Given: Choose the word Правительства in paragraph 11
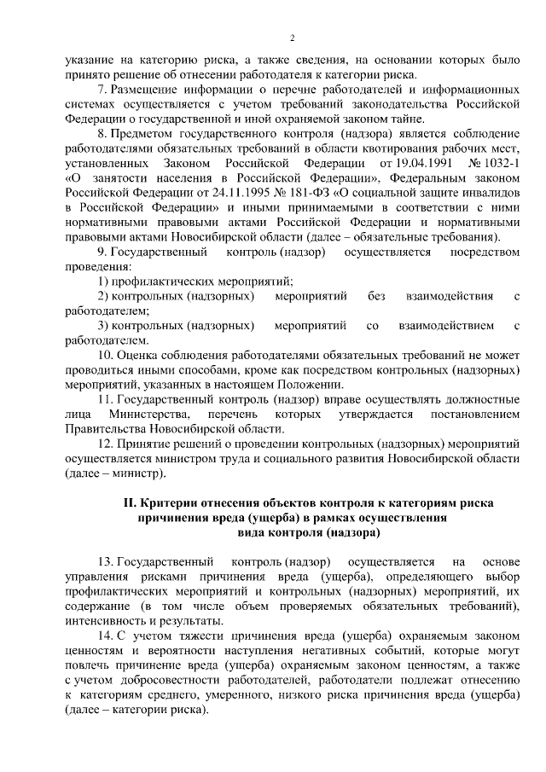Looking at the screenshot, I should [x=107, y=429].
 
